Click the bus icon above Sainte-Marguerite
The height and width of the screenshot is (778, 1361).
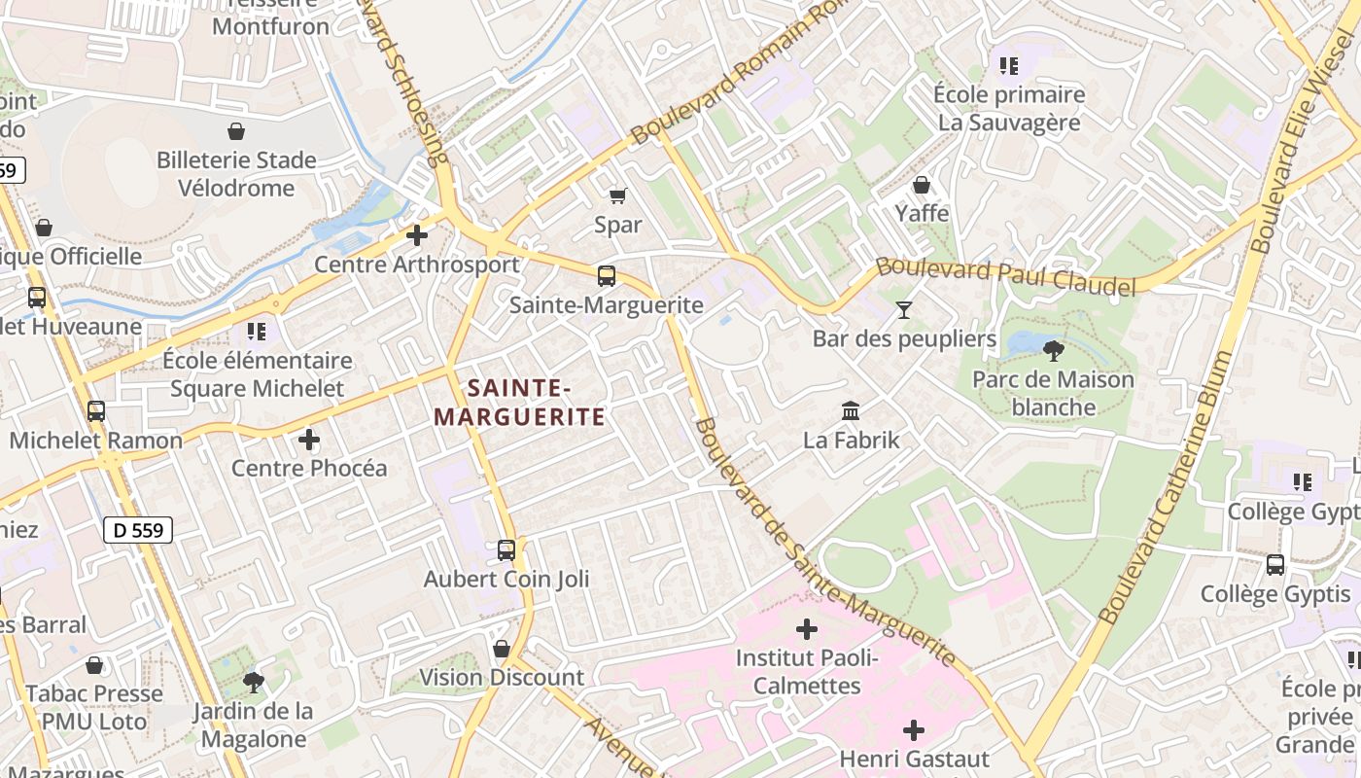pyautogui.click(x=607, y=276)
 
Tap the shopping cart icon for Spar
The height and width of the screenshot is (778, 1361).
pyautogui.click(x=617, y=195)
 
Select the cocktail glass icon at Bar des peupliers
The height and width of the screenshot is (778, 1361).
pyautogui.click(x=904, y=309)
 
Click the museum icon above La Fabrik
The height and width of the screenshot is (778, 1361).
pyautogui.click(x=851, y=410)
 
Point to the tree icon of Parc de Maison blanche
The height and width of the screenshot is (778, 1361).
pyautogui.click(x=1053, y=350)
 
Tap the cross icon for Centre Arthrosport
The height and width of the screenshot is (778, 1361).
pyautogui.click(x=417, y=235)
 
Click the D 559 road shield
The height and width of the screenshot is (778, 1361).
pyautogui.click(x=138, y=530)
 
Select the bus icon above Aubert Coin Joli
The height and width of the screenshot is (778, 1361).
pyautogui.click(x=506, y=550)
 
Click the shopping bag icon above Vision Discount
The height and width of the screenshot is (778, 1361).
pyautogui.click(x=502, y=648)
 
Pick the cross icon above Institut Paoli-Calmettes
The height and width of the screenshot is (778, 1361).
pyautogui.click(x=807, y=629)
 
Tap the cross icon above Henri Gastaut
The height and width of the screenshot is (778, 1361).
pyautogui.click(x=914, y=729)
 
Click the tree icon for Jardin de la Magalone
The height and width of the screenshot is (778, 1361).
pyautogui.click(x=254, y=682)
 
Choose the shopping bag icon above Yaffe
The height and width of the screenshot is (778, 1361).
pyautogui.click(x=922, y=184)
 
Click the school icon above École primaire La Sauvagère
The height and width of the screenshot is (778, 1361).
pyautogui.click(x=1009, y=66)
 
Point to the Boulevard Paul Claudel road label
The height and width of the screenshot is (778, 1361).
pyautogui.click(x=1005, y=277)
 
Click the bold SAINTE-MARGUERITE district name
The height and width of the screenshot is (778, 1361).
pyautogui.click(x=519, y=403)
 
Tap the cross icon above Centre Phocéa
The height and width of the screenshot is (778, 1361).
pyautogui.click(x=309, y=440)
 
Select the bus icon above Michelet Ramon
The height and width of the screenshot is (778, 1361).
pyautogui.click(x=96, y=411)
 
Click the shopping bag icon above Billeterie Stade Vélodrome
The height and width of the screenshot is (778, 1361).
pyautogui.click(x=236, y=131)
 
